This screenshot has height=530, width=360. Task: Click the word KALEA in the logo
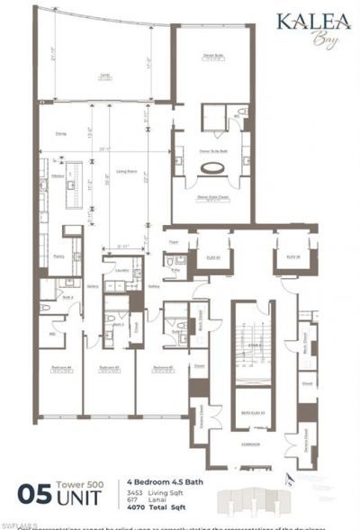pos(313,22)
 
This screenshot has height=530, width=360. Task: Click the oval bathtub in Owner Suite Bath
pos(213,167)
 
